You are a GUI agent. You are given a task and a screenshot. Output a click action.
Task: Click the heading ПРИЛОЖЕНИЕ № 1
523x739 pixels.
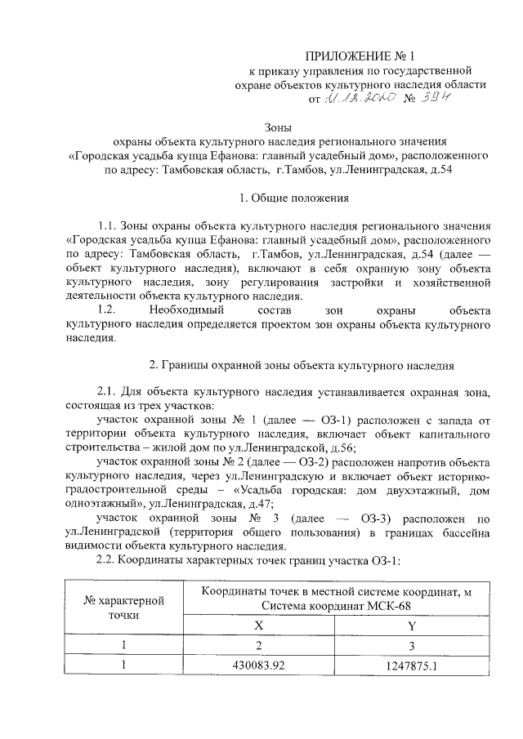[x=360, y=56]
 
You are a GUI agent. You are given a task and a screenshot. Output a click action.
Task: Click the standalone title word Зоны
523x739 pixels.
[x=277, y=127]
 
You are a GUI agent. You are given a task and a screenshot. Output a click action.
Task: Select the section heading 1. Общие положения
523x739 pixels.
[x=293, y=198]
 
